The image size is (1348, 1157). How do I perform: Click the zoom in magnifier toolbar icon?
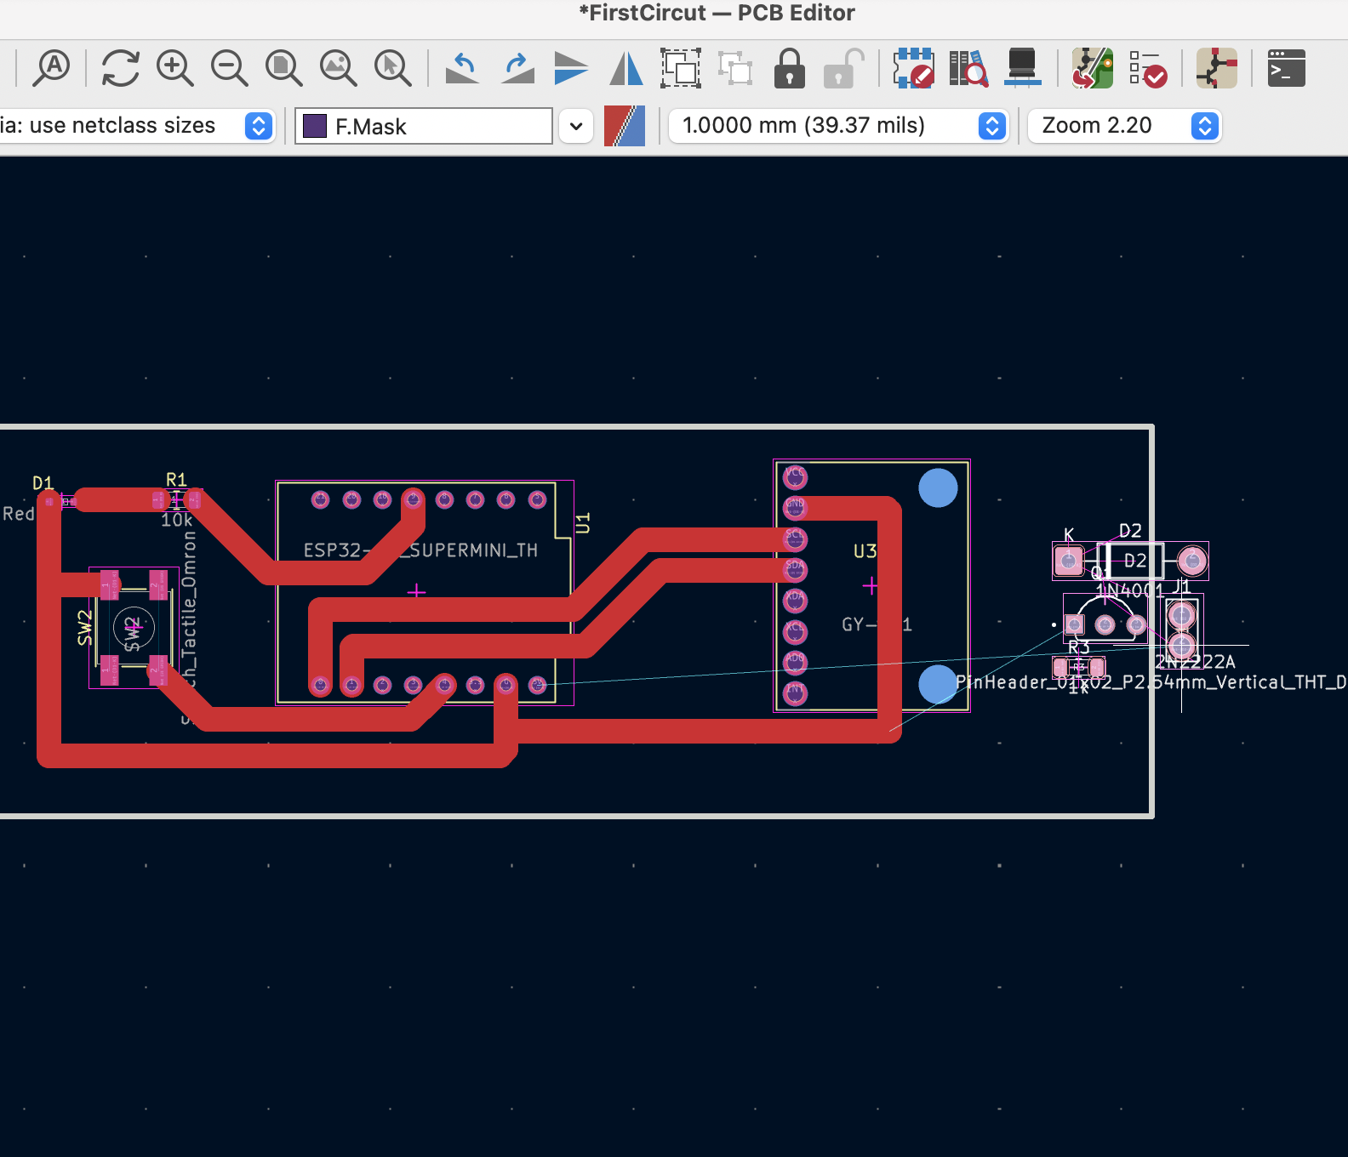[x=174, y=68]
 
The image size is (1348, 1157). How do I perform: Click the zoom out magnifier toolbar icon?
[x=229, y=68]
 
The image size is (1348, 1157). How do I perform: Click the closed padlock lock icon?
[x=789, y=68]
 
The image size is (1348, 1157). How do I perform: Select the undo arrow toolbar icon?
[x=462, y=68]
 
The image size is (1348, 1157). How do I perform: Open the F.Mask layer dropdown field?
[x=424, y=126]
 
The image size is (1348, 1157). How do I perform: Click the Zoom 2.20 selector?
[x=1123, y=126]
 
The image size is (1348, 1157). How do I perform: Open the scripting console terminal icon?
[x=1286, y=68]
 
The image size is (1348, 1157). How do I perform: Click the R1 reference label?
[x=176, y=480]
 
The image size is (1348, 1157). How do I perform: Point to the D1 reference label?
[x=43, y=483]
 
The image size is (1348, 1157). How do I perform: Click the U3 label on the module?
[x=865, y=551]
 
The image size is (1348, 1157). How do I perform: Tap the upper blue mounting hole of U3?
[x=938, y=488]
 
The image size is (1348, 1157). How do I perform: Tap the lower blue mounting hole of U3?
[x=938, y=684]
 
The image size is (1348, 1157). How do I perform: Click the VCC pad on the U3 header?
[x=795, y=476]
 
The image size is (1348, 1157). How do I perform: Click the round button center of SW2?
[x=134, y=630]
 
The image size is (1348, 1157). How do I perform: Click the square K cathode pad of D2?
[x=1068, y=561]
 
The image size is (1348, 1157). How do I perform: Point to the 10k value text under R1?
[x=177, y=520]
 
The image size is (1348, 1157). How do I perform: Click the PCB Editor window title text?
[x=717, y=14]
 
